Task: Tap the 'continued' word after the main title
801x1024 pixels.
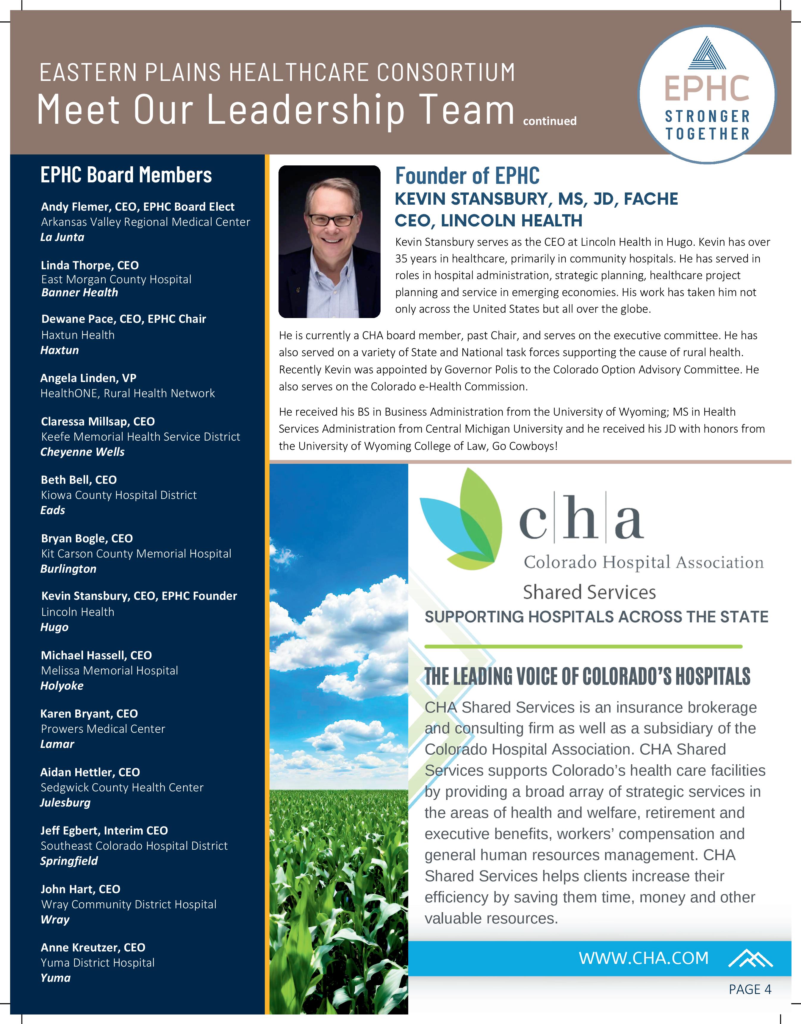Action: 550,121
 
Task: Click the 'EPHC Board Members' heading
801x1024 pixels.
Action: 126,175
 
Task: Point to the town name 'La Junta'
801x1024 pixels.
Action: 62,237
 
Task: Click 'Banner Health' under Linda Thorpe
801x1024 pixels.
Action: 80,292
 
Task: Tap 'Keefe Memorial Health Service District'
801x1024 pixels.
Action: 140,436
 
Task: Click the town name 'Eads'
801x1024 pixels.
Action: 53,510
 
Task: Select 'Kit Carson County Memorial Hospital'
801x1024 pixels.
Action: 136,554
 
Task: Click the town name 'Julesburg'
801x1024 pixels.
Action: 65,803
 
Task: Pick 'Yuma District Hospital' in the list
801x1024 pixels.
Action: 98,963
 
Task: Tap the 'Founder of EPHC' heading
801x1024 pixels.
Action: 467,176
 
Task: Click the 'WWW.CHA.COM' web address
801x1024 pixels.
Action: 643,958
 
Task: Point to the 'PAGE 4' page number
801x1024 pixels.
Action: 750,989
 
